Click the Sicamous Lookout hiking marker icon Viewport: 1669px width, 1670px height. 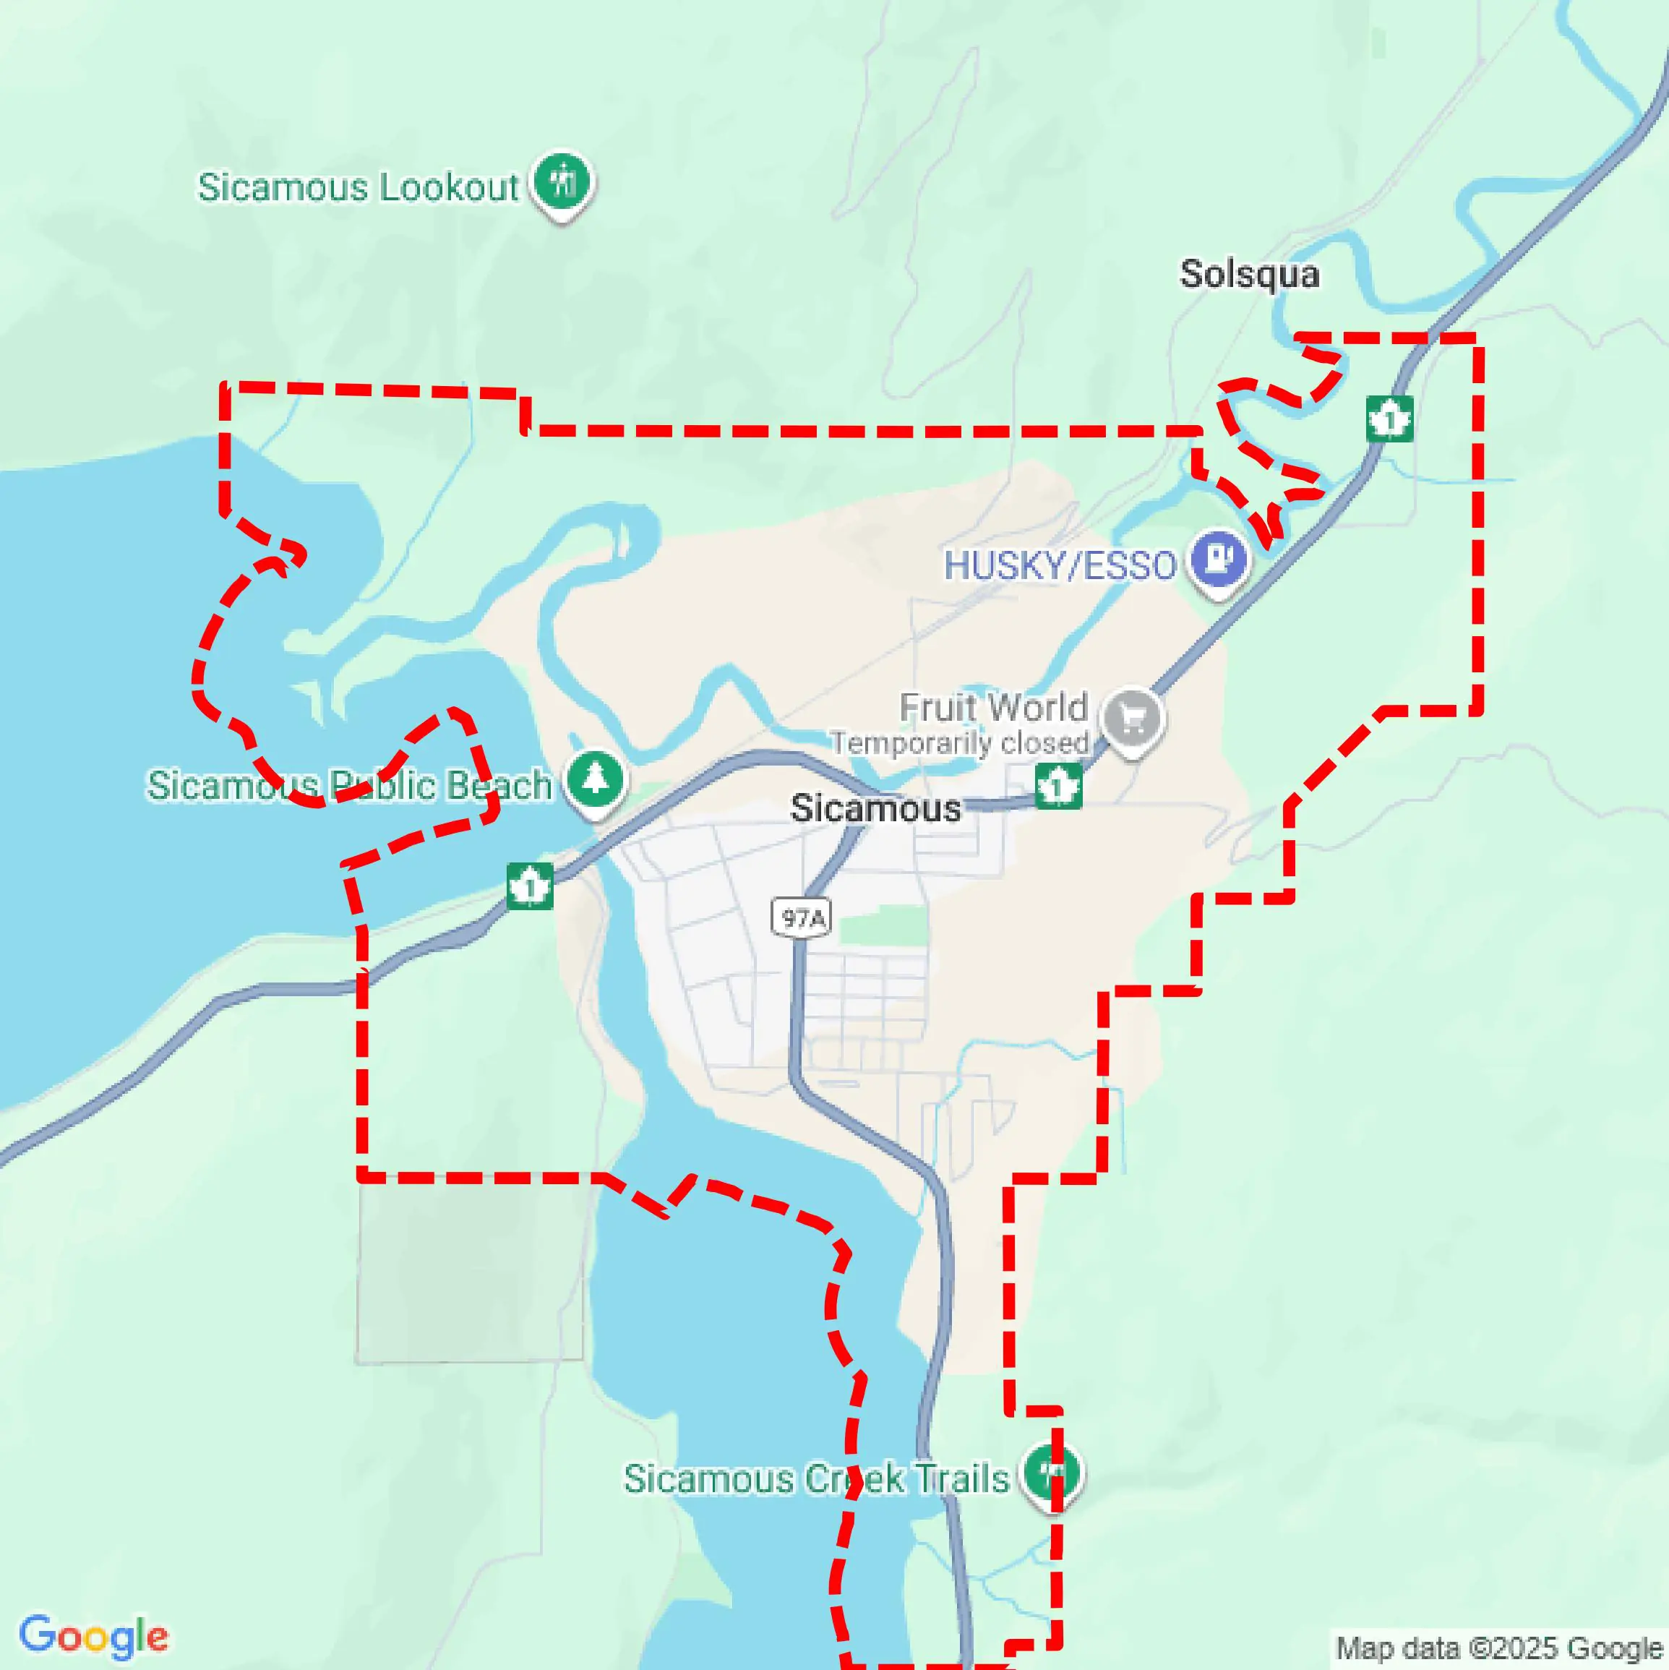562,181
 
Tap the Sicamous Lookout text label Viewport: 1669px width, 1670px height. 358,187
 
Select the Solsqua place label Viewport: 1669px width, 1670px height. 1249,275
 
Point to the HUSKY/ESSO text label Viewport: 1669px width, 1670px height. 1060,566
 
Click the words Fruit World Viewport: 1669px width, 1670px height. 993,708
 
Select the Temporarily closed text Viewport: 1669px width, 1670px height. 959,743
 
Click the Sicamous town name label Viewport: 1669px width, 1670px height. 875,808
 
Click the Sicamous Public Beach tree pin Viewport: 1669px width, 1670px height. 595,779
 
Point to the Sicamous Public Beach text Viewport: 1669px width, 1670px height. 349,786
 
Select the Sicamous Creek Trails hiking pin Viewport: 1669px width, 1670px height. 1052,1472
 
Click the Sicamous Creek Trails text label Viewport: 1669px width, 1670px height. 816,1479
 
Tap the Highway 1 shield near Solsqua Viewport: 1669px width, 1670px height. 1390,419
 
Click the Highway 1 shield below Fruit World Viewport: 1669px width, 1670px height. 1058,786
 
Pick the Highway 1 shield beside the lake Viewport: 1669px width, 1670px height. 530,886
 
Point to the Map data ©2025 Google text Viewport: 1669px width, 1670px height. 1500,1648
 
